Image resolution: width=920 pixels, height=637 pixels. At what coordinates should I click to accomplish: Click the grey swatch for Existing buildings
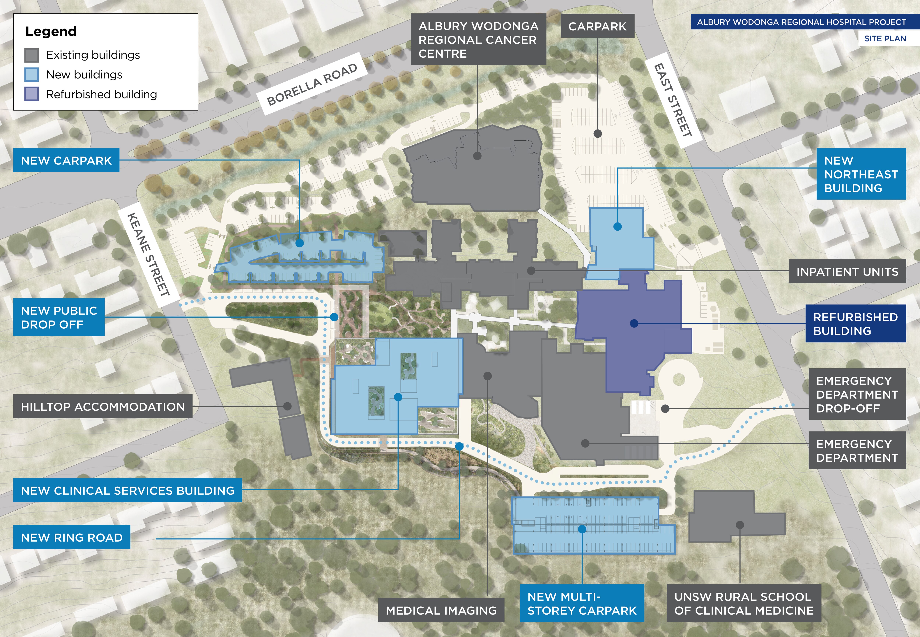click(31, 55)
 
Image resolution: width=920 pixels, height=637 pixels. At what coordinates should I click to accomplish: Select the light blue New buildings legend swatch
click(31, 75)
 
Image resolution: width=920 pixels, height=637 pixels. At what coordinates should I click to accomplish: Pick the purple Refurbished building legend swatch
click(31, 94)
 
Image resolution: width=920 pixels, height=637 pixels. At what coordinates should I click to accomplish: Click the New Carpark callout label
click(66, 160)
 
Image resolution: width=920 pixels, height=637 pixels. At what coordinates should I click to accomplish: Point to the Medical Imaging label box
click(441, 610)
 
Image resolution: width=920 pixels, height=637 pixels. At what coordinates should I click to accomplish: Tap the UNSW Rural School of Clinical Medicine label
click(744, 604)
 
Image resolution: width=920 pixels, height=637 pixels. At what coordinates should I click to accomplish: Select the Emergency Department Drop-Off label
click(857, 394)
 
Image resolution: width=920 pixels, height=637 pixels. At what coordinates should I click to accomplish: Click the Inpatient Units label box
click(847, 271)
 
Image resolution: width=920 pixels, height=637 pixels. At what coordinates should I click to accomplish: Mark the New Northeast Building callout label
click(861, 174)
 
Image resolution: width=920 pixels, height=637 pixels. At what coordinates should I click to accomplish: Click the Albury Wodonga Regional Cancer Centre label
click(478, 40)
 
